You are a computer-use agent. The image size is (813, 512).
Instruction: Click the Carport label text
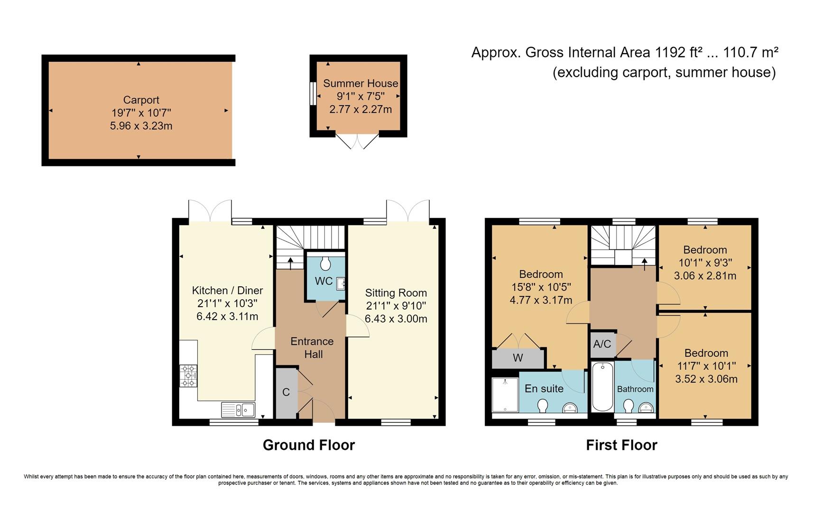141,100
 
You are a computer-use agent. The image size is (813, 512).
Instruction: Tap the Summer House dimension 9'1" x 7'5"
360,96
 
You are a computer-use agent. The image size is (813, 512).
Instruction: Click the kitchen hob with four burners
188,375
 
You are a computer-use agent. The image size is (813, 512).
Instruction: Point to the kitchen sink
238,409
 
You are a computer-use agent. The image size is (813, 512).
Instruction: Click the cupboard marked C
286,393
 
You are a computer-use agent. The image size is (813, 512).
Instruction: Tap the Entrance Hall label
312,347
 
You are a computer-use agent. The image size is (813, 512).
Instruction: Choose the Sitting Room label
396,293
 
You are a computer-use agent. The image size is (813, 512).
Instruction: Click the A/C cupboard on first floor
602,344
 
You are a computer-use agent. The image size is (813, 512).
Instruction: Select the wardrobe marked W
517,358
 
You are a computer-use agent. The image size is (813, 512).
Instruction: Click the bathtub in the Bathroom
602,387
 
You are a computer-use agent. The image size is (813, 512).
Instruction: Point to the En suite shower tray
505,394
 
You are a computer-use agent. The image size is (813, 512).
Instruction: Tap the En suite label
544,389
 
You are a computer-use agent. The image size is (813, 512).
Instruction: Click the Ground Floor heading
308,445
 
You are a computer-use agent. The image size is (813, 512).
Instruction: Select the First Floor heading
621,445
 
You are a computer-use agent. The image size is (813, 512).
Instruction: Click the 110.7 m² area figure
750,53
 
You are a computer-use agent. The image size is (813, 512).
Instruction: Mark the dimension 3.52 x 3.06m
706,379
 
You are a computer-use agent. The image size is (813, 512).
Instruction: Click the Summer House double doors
358,141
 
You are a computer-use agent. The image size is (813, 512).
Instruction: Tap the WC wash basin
341,284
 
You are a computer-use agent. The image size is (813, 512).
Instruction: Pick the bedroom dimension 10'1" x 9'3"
705,263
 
